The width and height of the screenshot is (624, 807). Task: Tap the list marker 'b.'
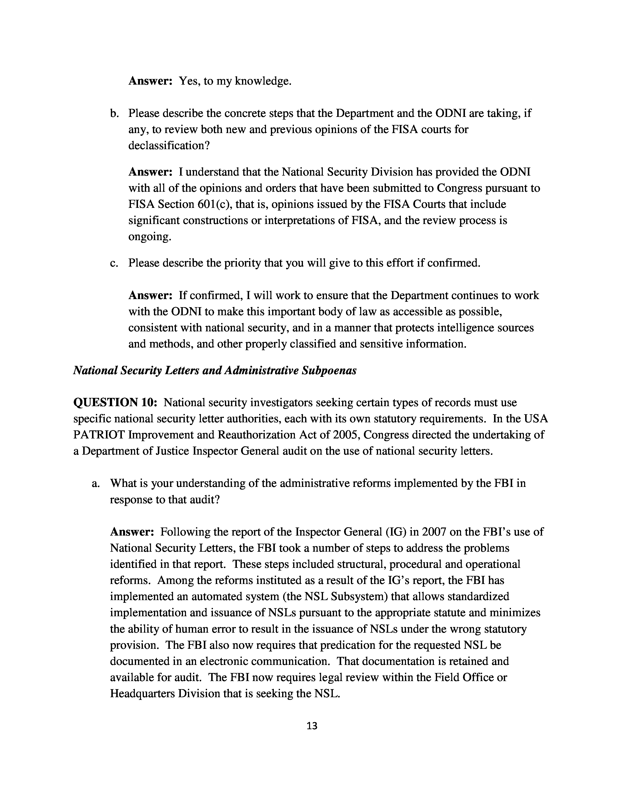tap(115, 113)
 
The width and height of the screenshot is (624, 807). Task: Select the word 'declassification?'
tap(169, 146)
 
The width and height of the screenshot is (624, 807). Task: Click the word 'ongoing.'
tap(150, 236)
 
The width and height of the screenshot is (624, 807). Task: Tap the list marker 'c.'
tap(115, 263)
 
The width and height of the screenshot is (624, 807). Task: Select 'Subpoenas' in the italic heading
tap(329, 371)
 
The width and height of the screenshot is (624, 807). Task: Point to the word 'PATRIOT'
tap(99, 435)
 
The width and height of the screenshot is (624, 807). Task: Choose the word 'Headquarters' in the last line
tap(142, 694)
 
